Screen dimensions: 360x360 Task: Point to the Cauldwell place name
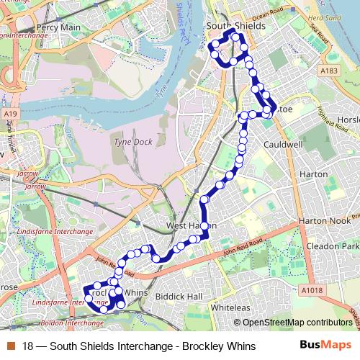(282, 145)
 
